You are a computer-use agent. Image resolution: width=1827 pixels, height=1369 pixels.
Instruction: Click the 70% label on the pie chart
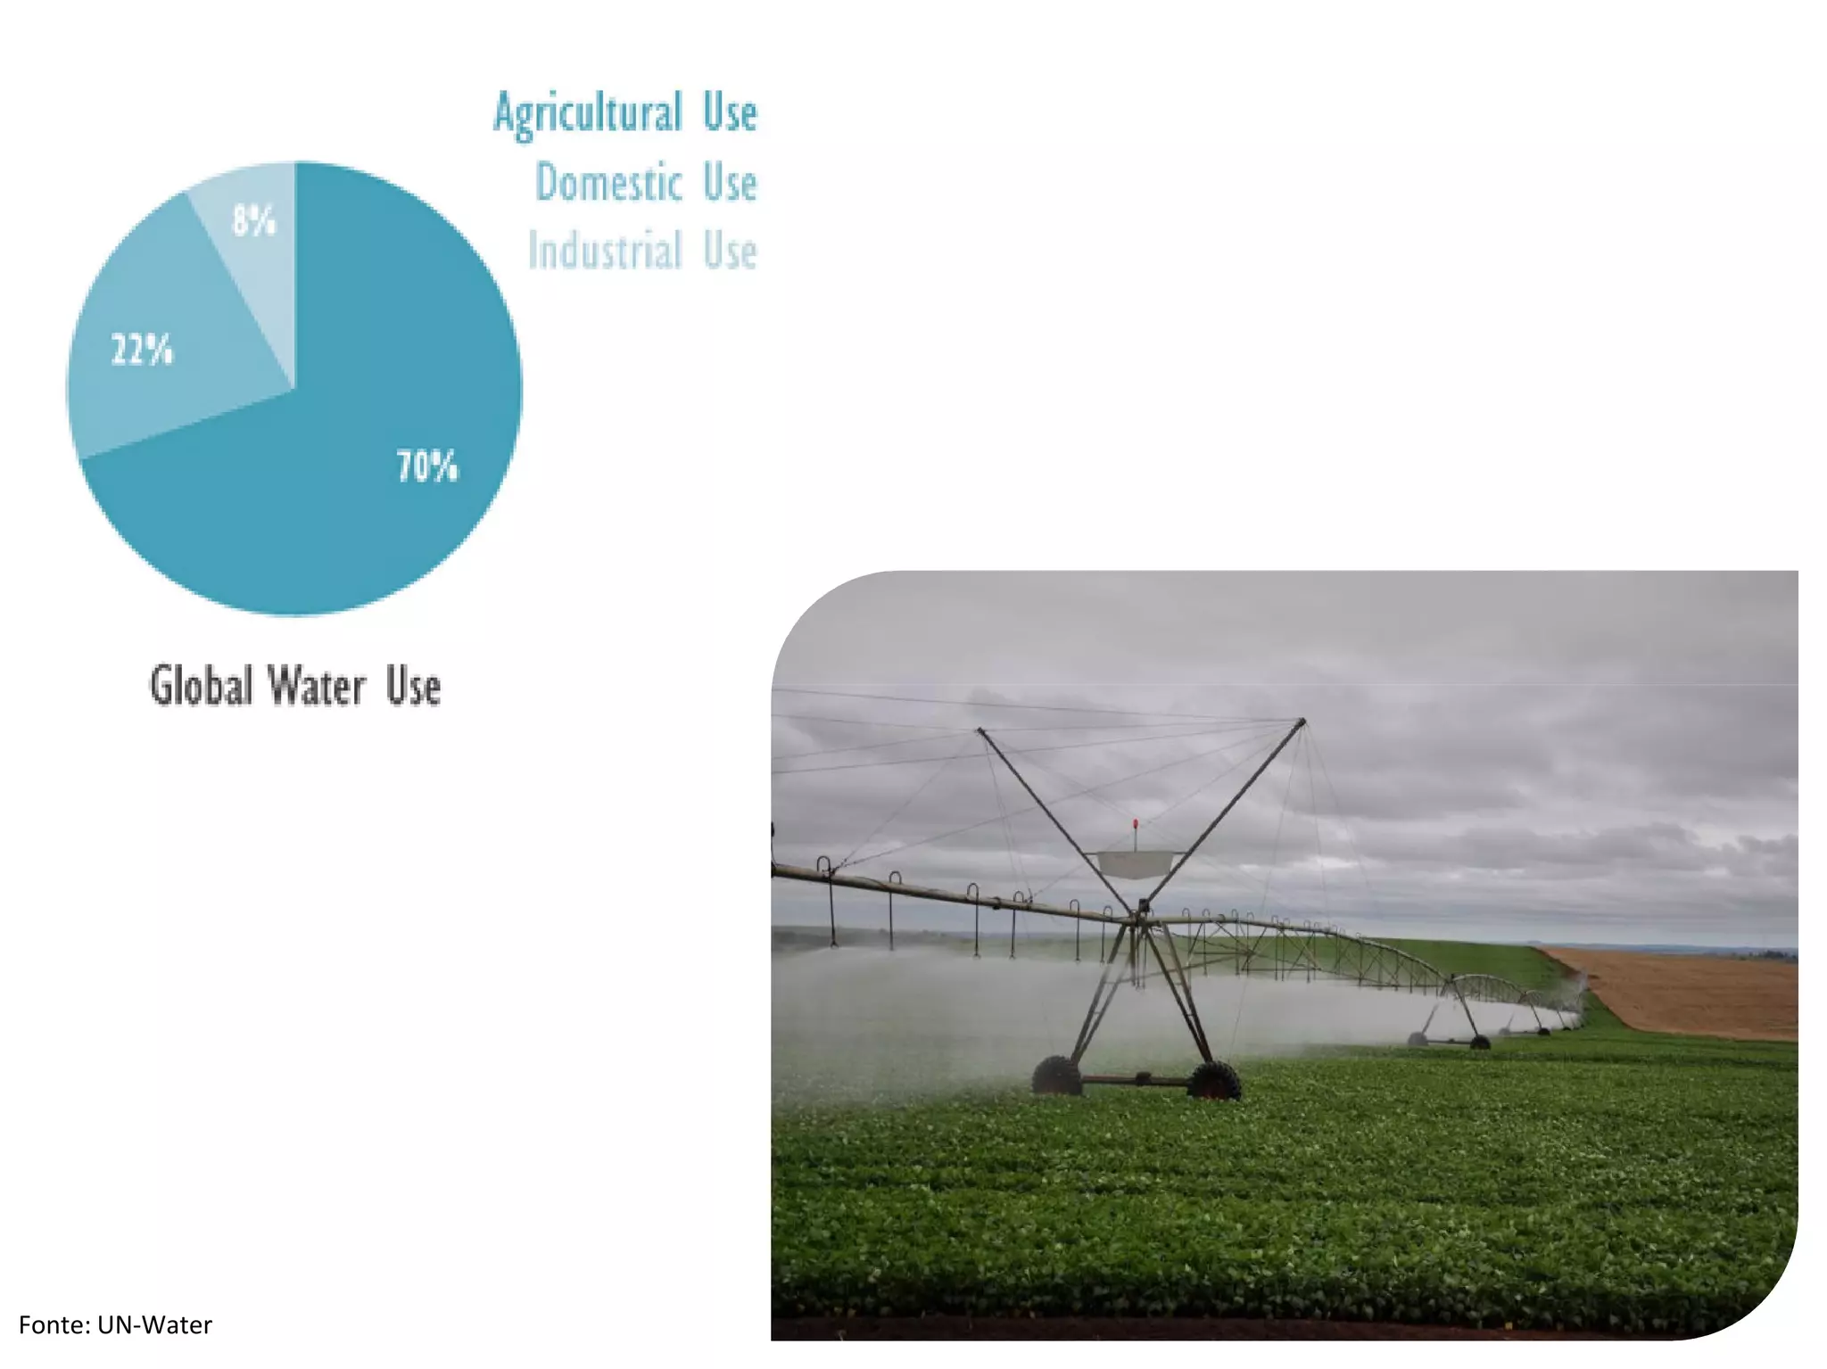click(427, 466)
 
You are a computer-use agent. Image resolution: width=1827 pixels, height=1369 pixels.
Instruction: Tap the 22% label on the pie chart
click(142, 350)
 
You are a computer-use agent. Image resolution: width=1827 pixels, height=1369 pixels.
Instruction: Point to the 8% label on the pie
click(253, 220)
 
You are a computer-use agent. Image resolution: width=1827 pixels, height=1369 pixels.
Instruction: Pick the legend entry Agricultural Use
click(625, 114)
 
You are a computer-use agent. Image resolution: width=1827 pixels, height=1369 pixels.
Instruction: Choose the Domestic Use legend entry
click(646, 183)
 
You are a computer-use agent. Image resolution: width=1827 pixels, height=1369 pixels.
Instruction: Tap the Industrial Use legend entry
click(642, 251)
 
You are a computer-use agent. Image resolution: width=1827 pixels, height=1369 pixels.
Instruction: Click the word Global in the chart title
click(201, 687)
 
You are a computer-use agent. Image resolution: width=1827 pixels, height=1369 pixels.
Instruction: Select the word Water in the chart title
click(318, 687)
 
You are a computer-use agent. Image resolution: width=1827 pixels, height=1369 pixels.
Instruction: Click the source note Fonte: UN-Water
click(116, 1325)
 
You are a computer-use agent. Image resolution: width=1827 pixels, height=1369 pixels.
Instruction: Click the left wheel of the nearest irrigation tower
click(1056, 1076)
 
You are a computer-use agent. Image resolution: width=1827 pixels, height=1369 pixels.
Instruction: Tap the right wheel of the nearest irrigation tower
click(1213, 1079)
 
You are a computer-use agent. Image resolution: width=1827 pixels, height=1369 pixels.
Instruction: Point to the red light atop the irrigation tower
click(1135, 824)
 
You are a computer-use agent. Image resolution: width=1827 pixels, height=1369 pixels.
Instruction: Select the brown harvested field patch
click(1686, 990)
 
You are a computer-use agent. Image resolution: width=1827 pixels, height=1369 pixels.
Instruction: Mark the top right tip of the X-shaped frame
click(1302, 722)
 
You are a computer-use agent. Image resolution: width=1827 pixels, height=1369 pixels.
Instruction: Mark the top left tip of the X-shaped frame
click(980, 730)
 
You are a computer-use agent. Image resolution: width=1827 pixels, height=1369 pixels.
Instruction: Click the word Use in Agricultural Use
click(730, 114)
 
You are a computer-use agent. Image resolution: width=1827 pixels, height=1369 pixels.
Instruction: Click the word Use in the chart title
click(413, 687)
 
